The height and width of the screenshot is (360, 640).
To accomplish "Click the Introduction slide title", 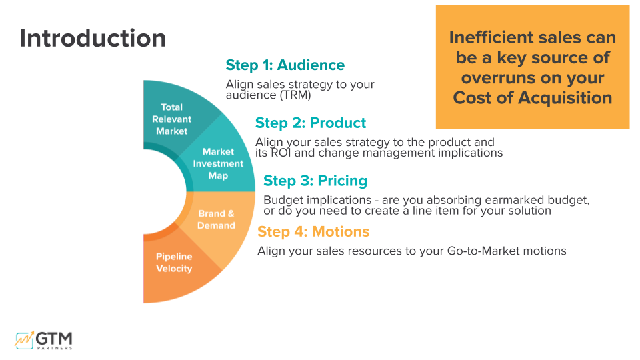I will [x=92, y=38].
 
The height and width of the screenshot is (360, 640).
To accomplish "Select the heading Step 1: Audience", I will [x=285, y=65].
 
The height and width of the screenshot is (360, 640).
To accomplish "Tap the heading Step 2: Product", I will [x=310, y=123].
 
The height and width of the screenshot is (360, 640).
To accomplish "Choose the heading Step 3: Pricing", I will [x=315, y=181].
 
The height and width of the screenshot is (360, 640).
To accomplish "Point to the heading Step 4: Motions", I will [x=313, y=232].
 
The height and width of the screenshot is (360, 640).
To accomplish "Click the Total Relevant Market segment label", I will [x=171, y=119].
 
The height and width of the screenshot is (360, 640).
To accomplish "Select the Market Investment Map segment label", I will [x=218, y=164].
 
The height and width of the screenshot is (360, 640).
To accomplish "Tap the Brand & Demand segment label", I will [x=216, y=220].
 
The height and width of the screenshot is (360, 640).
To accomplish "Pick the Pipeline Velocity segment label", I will [x=174, y=263].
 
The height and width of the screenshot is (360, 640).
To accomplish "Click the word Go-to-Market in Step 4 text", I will [x=483, y=251].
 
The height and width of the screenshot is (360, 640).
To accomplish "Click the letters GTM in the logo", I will [x=56, y=337].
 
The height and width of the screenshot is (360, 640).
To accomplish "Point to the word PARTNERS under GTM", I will [x=56, y=348].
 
